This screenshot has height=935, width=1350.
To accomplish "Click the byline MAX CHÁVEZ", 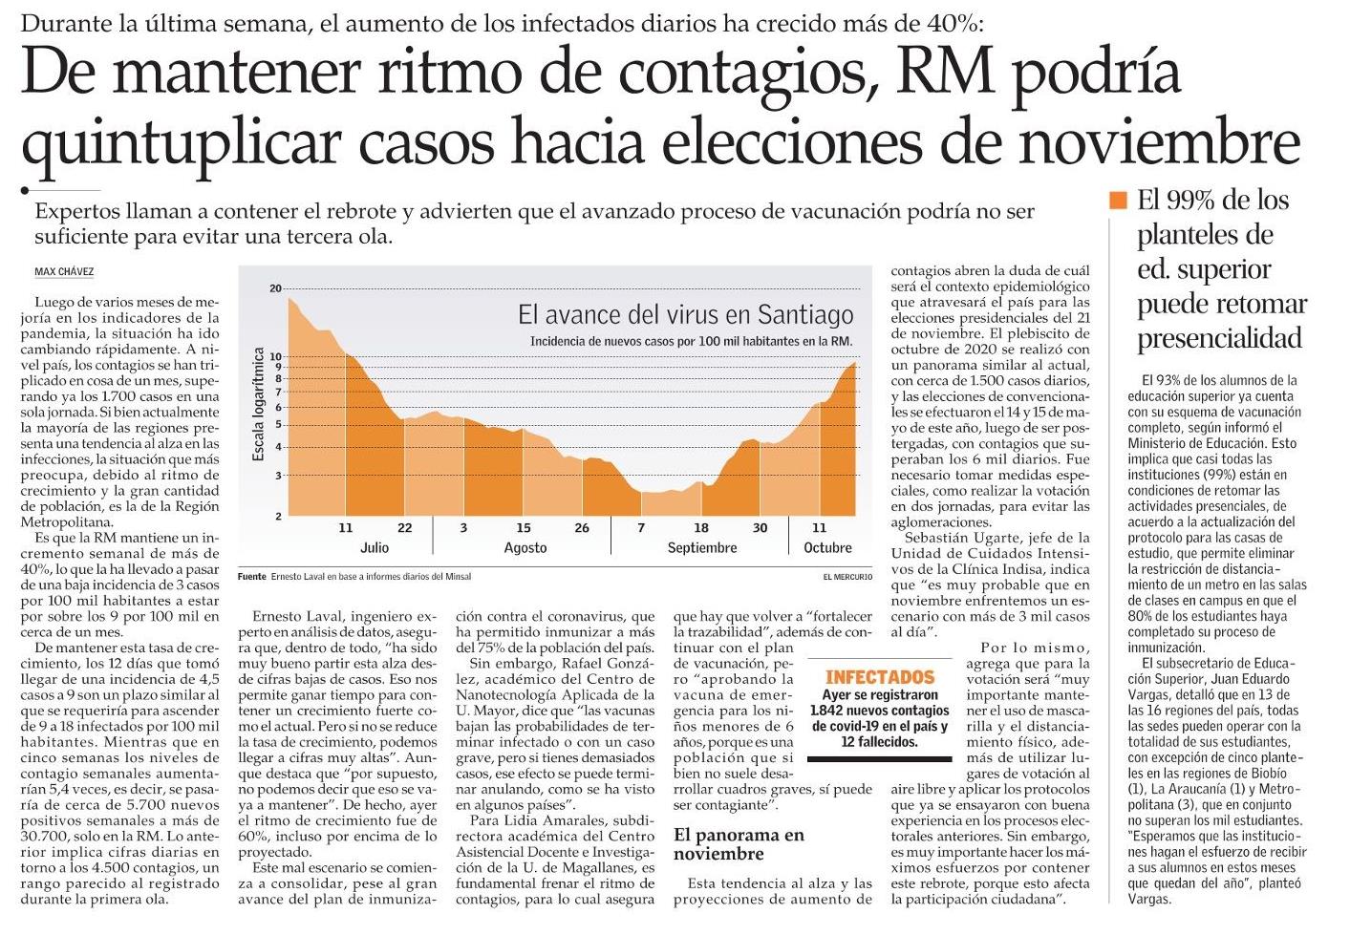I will [x=64, y=272].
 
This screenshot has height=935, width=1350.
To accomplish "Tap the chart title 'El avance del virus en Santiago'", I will [x=685, y=314].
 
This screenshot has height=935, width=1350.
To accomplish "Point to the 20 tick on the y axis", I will [x=276, y=288].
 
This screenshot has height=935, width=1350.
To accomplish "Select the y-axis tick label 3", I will [x=278, y=476].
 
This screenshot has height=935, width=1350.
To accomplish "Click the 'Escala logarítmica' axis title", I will [x=258, y=404].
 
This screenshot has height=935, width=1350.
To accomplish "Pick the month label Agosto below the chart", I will [x=525, y=548].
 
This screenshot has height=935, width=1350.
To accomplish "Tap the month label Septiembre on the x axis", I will [x=702, y=548].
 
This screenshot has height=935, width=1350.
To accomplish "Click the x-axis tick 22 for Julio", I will [x=404, y=528].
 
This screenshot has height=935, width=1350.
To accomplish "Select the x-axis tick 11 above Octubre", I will [x=819, y=528].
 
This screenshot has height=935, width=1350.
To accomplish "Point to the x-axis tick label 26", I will [x=582, y=528].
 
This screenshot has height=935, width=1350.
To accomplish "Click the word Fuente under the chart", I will [x=251, y=577].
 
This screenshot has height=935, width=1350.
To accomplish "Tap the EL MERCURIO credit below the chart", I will [x=847, y=577].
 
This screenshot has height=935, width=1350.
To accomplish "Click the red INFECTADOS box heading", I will [x=880, y=677].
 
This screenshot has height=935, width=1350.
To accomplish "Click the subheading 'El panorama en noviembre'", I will [x=739, y=843].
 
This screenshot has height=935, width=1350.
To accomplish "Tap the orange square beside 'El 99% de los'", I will [x=1118, y=201].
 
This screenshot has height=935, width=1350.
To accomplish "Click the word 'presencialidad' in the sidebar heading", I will [x=1219, y=338].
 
